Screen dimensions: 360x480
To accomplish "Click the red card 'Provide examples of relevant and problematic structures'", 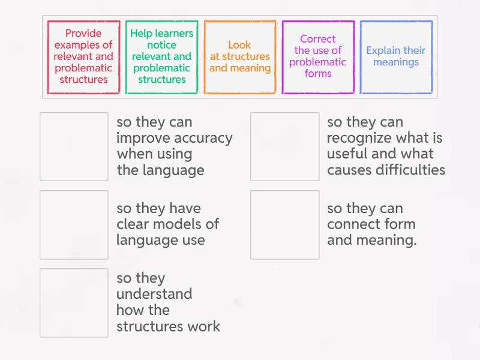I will [x=83, y=57].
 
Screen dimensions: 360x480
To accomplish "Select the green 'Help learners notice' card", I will [x=161, y=57].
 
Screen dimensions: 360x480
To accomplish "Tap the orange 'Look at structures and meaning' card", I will [x=239, y=57].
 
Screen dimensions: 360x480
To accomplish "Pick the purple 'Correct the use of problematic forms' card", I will [x=317, y=57].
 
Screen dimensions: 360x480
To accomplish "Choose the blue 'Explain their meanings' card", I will [x=395, y=57].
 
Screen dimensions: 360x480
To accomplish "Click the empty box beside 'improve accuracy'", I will [x=74, y=146].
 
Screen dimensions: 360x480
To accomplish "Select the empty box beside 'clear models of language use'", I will [x=74, y=224].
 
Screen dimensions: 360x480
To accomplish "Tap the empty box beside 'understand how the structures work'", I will [x=74, y=302].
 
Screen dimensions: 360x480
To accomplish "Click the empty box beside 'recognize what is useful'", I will [x=284, y=146].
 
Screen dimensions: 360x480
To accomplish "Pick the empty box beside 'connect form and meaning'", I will [x=284, y=224].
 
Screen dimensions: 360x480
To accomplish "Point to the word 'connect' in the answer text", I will [x=355, y=224].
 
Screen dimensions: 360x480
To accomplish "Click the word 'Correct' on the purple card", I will [x=318, y=39].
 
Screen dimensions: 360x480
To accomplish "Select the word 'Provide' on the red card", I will [x=83, y=34].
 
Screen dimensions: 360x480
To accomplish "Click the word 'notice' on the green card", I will [x=162, y=45].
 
